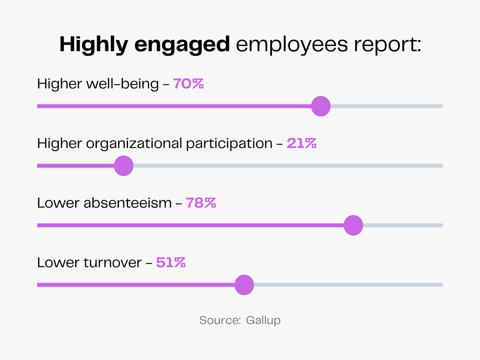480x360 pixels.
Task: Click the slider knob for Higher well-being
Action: coord(321,106)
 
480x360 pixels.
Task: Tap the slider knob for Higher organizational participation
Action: coord(124,166)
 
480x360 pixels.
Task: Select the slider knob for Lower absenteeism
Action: coord(353,225)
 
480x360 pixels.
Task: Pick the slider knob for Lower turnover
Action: coord(244,285)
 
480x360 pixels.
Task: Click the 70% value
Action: coord(188,84)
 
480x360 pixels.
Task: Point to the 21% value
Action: coord(302,143)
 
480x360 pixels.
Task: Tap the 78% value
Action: coord(201,203)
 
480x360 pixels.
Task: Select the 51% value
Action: coord(171,262)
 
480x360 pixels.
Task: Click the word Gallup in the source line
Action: coord(263,320)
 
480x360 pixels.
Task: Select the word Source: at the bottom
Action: coord(219,320)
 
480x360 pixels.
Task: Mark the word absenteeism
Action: coord(128,203)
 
